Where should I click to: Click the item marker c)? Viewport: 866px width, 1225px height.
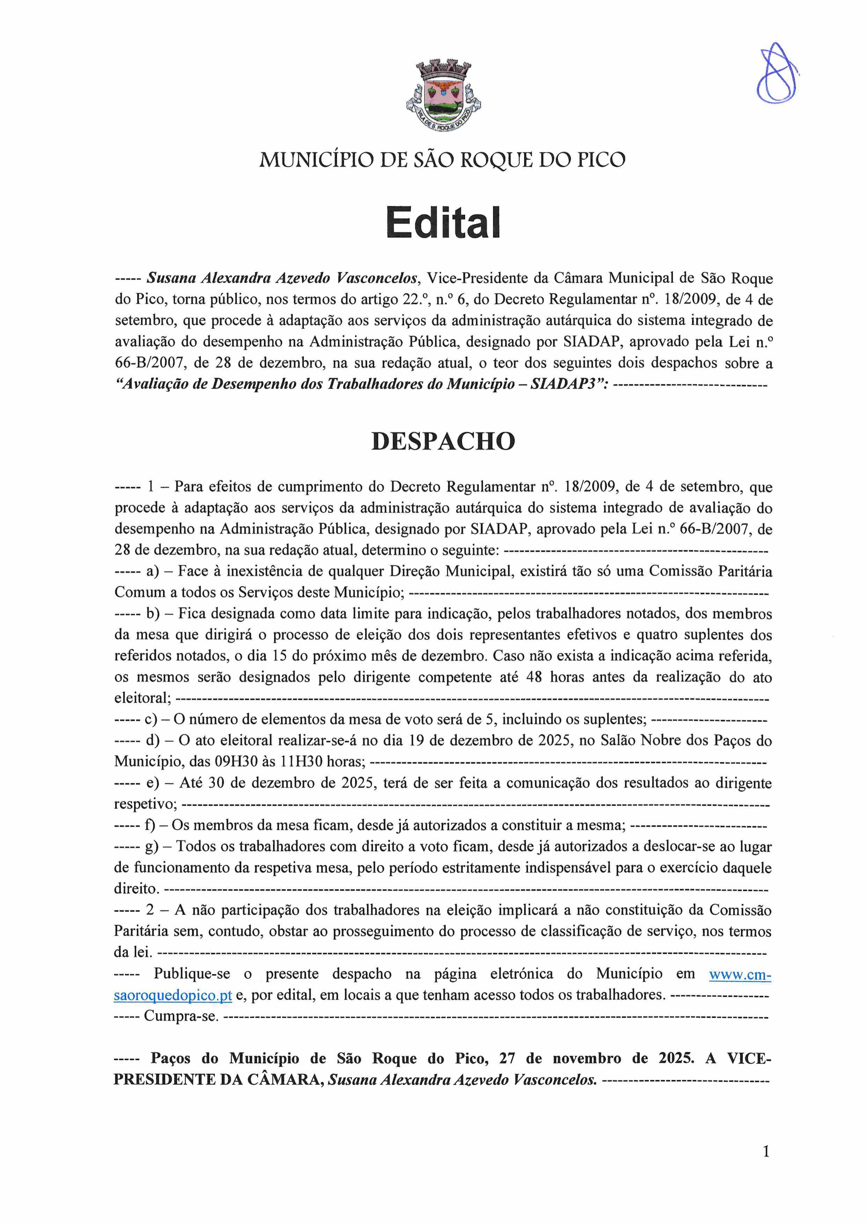(x=151, y=719)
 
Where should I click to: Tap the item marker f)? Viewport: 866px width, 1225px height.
(x=149, y=826)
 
